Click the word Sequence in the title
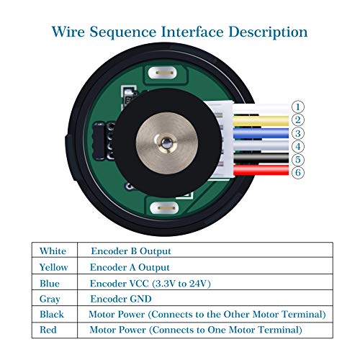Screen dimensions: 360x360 pos(123,32)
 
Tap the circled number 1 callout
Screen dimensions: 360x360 pos(298,107)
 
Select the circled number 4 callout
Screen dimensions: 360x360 pos(298,146)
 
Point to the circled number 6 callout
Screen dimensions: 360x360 pos(298,172)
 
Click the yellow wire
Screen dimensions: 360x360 pos(261,121)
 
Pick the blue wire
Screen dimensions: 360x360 pos(261,133)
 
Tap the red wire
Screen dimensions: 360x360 pos(261,170)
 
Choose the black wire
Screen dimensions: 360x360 pos(261,158)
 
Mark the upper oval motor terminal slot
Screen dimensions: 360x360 pos(163,73)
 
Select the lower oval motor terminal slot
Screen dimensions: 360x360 pos(164,208)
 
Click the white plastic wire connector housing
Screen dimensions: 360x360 pos(220,140)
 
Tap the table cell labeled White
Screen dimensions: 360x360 pos(55,250)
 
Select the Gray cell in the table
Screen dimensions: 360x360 pos(55,298)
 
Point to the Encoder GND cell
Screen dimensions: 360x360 pos(205,298)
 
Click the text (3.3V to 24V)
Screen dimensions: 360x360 pos(181,284)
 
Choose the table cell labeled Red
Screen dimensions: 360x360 pos(55,330)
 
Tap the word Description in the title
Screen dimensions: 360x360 pos(268,32)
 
